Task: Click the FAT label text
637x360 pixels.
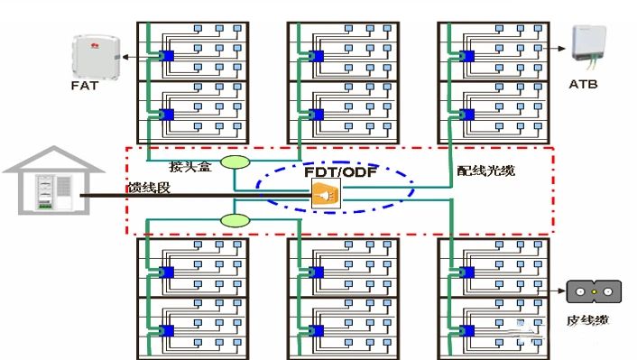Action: [85, 86]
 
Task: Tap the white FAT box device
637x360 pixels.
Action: [97, 57]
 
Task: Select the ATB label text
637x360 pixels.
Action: [583, 84]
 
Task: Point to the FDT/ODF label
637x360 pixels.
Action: [340, 171]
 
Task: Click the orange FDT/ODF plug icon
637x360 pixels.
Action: [326, 195]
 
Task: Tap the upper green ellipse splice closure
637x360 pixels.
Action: [235, 162]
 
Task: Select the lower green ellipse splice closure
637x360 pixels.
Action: [235, 221]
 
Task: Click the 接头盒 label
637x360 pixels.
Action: [190, 166]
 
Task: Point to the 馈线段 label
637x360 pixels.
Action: [149, 188]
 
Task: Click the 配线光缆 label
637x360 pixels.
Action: [486, 171]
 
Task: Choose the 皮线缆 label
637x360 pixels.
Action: [588, 320]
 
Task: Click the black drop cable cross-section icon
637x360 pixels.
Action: [594, 291]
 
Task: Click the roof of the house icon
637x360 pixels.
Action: [53, 160]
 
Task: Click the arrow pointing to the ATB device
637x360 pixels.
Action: [555, 49]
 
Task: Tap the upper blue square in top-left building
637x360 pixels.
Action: [166, 56]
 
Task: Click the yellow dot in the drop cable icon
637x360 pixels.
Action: [594, 291]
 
